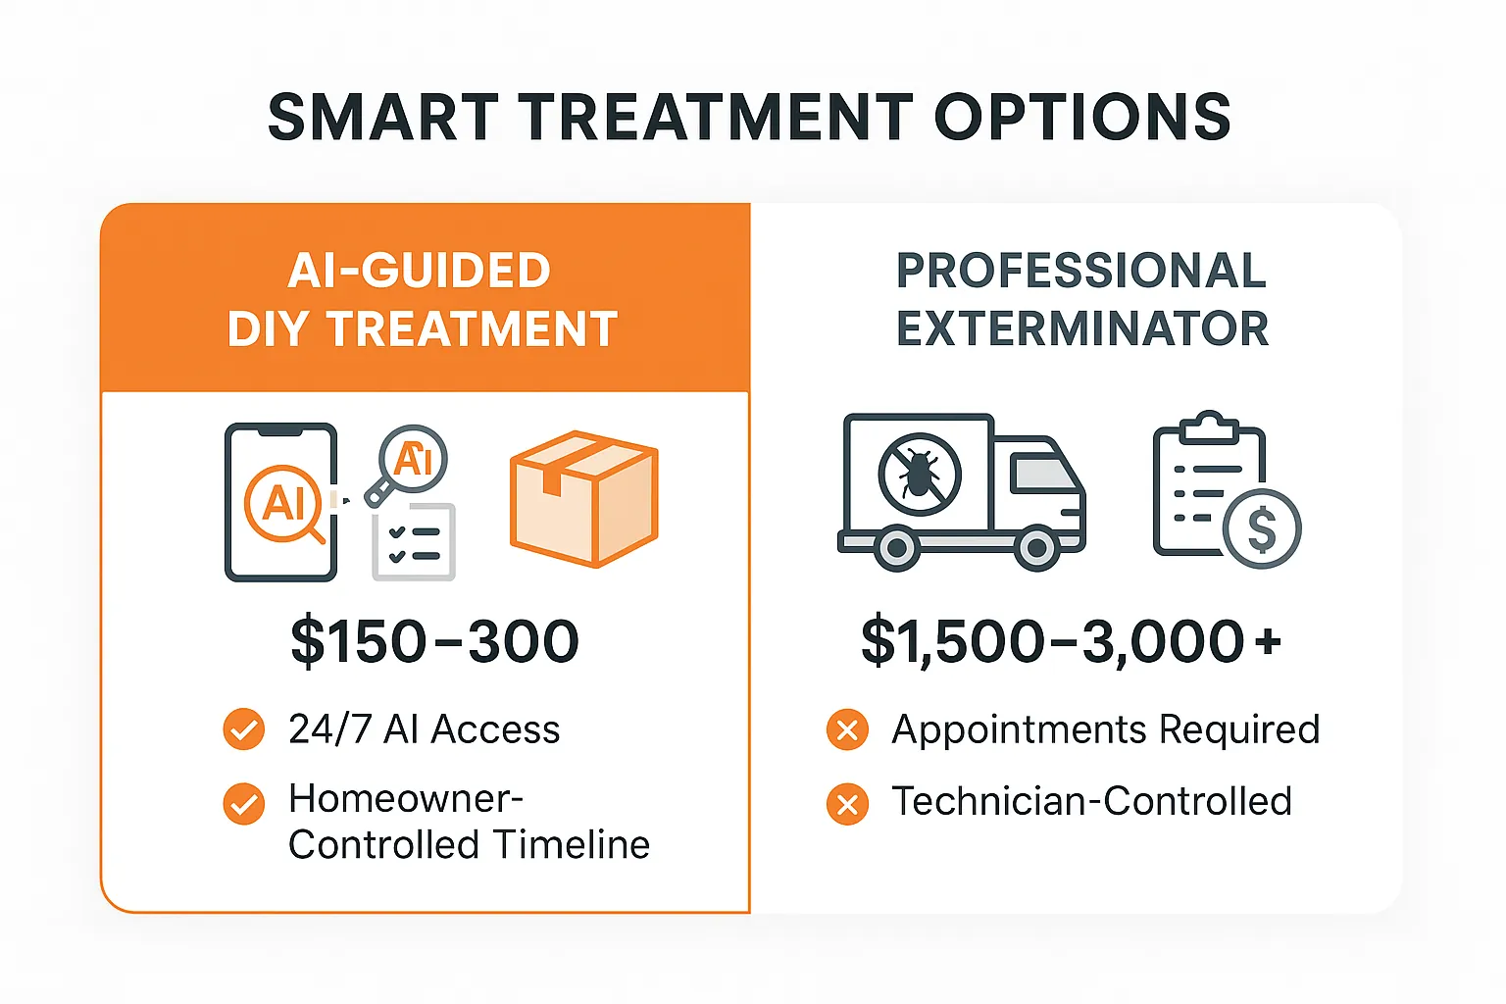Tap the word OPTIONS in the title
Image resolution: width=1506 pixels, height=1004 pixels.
tap(1082, 118)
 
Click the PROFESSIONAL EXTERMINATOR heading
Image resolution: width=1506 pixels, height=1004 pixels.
tap(1081, 299)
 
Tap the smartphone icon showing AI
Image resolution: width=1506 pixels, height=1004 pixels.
tap(281, 502)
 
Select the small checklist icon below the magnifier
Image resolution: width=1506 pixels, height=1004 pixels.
tap(414, 542)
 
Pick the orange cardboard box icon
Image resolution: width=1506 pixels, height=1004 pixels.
tap(584, 498)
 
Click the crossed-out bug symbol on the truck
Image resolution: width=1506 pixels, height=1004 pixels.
tap(919, 476)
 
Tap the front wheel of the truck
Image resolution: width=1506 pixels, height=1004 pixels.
tap(1036, 549)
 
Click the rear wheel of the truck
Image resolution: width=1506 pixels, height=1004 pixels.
tap(896, 549)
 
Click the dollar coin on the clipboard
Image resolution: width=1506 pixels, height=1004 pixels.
tap(1262, 529)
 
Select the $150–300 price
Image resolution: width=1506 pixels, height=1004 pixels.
tap(434, 641)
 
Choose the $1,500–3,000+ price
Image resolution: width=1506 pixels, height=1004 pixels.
tap(1071, 641)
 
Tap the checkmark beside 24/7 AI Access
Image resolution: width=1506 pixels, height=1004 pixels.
tap(244, 729)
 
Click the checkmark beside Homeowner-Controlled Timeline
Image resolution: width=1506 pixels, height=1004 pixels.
tap(244, 804)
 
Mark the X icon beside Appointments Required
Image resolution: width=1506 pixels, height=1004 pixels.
tap(847, 730)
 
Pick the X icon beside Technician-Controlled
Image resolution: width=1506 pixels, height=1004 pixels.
tap(847, 804)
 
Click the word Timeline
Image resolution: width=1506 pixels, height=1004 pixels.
tap(571, 845)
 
